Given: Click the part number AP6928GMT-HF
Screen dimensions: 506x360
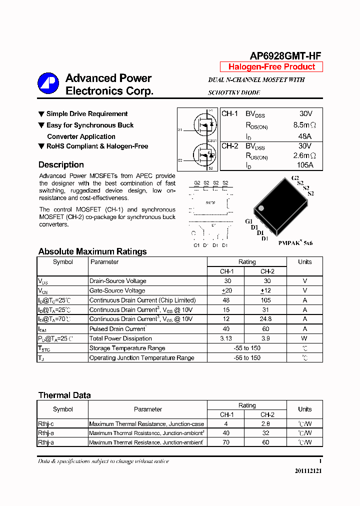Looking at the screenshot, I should coord(285,56).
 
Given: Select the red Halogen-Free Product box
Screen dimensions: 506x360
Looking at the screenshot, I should coord(271,67).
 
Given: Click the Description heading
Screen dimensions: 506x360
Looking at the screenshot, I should coord(61,165).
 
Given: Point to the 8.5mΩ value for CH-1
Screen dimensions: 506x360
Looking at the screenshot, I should coord(304,125).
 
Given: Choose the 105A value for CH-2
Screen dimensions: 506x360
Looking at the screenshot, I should coord(304,165).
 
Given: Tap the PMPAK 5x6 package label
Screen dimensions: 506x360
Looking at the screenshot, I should coord(295,243).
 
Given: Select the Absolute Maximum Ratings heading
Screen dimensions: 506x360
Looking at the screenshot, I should coord(92,251).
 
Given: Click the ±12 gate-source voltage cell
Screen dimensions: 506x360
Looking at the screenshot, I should coord(265,290).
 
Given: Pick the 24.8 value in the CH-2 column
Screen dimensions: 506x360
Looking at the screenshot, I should coord(265,319).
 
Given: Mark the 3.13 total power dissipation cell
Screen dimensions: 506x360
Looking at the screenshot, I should coord(225,338).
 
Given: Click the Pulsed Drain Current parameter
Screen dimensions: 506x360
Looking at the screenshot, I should coord(117,329).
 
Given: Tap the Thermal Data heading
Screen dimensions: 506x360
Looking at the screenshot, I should coord(64,395).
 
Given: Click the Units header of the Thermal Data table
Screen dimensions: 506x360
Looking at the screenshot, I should coord(304,409).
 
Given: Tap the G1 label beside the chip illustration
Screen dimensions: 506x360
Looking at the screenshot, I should coord(248,221).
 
